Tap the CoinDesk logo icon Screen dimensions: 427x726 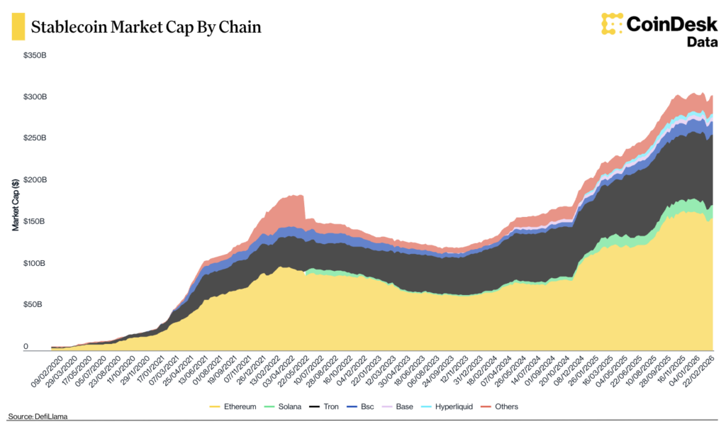611,23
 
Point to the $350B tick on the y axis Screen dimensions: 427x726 35,55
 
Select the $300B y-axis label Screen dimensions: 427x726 35,96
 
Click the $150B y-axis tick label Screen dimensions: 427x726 35,222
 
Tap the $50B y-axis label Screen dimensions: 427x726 37,306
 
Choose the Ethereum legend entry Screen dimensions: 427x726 233,406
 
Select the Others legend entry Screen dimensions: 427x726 501,406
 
